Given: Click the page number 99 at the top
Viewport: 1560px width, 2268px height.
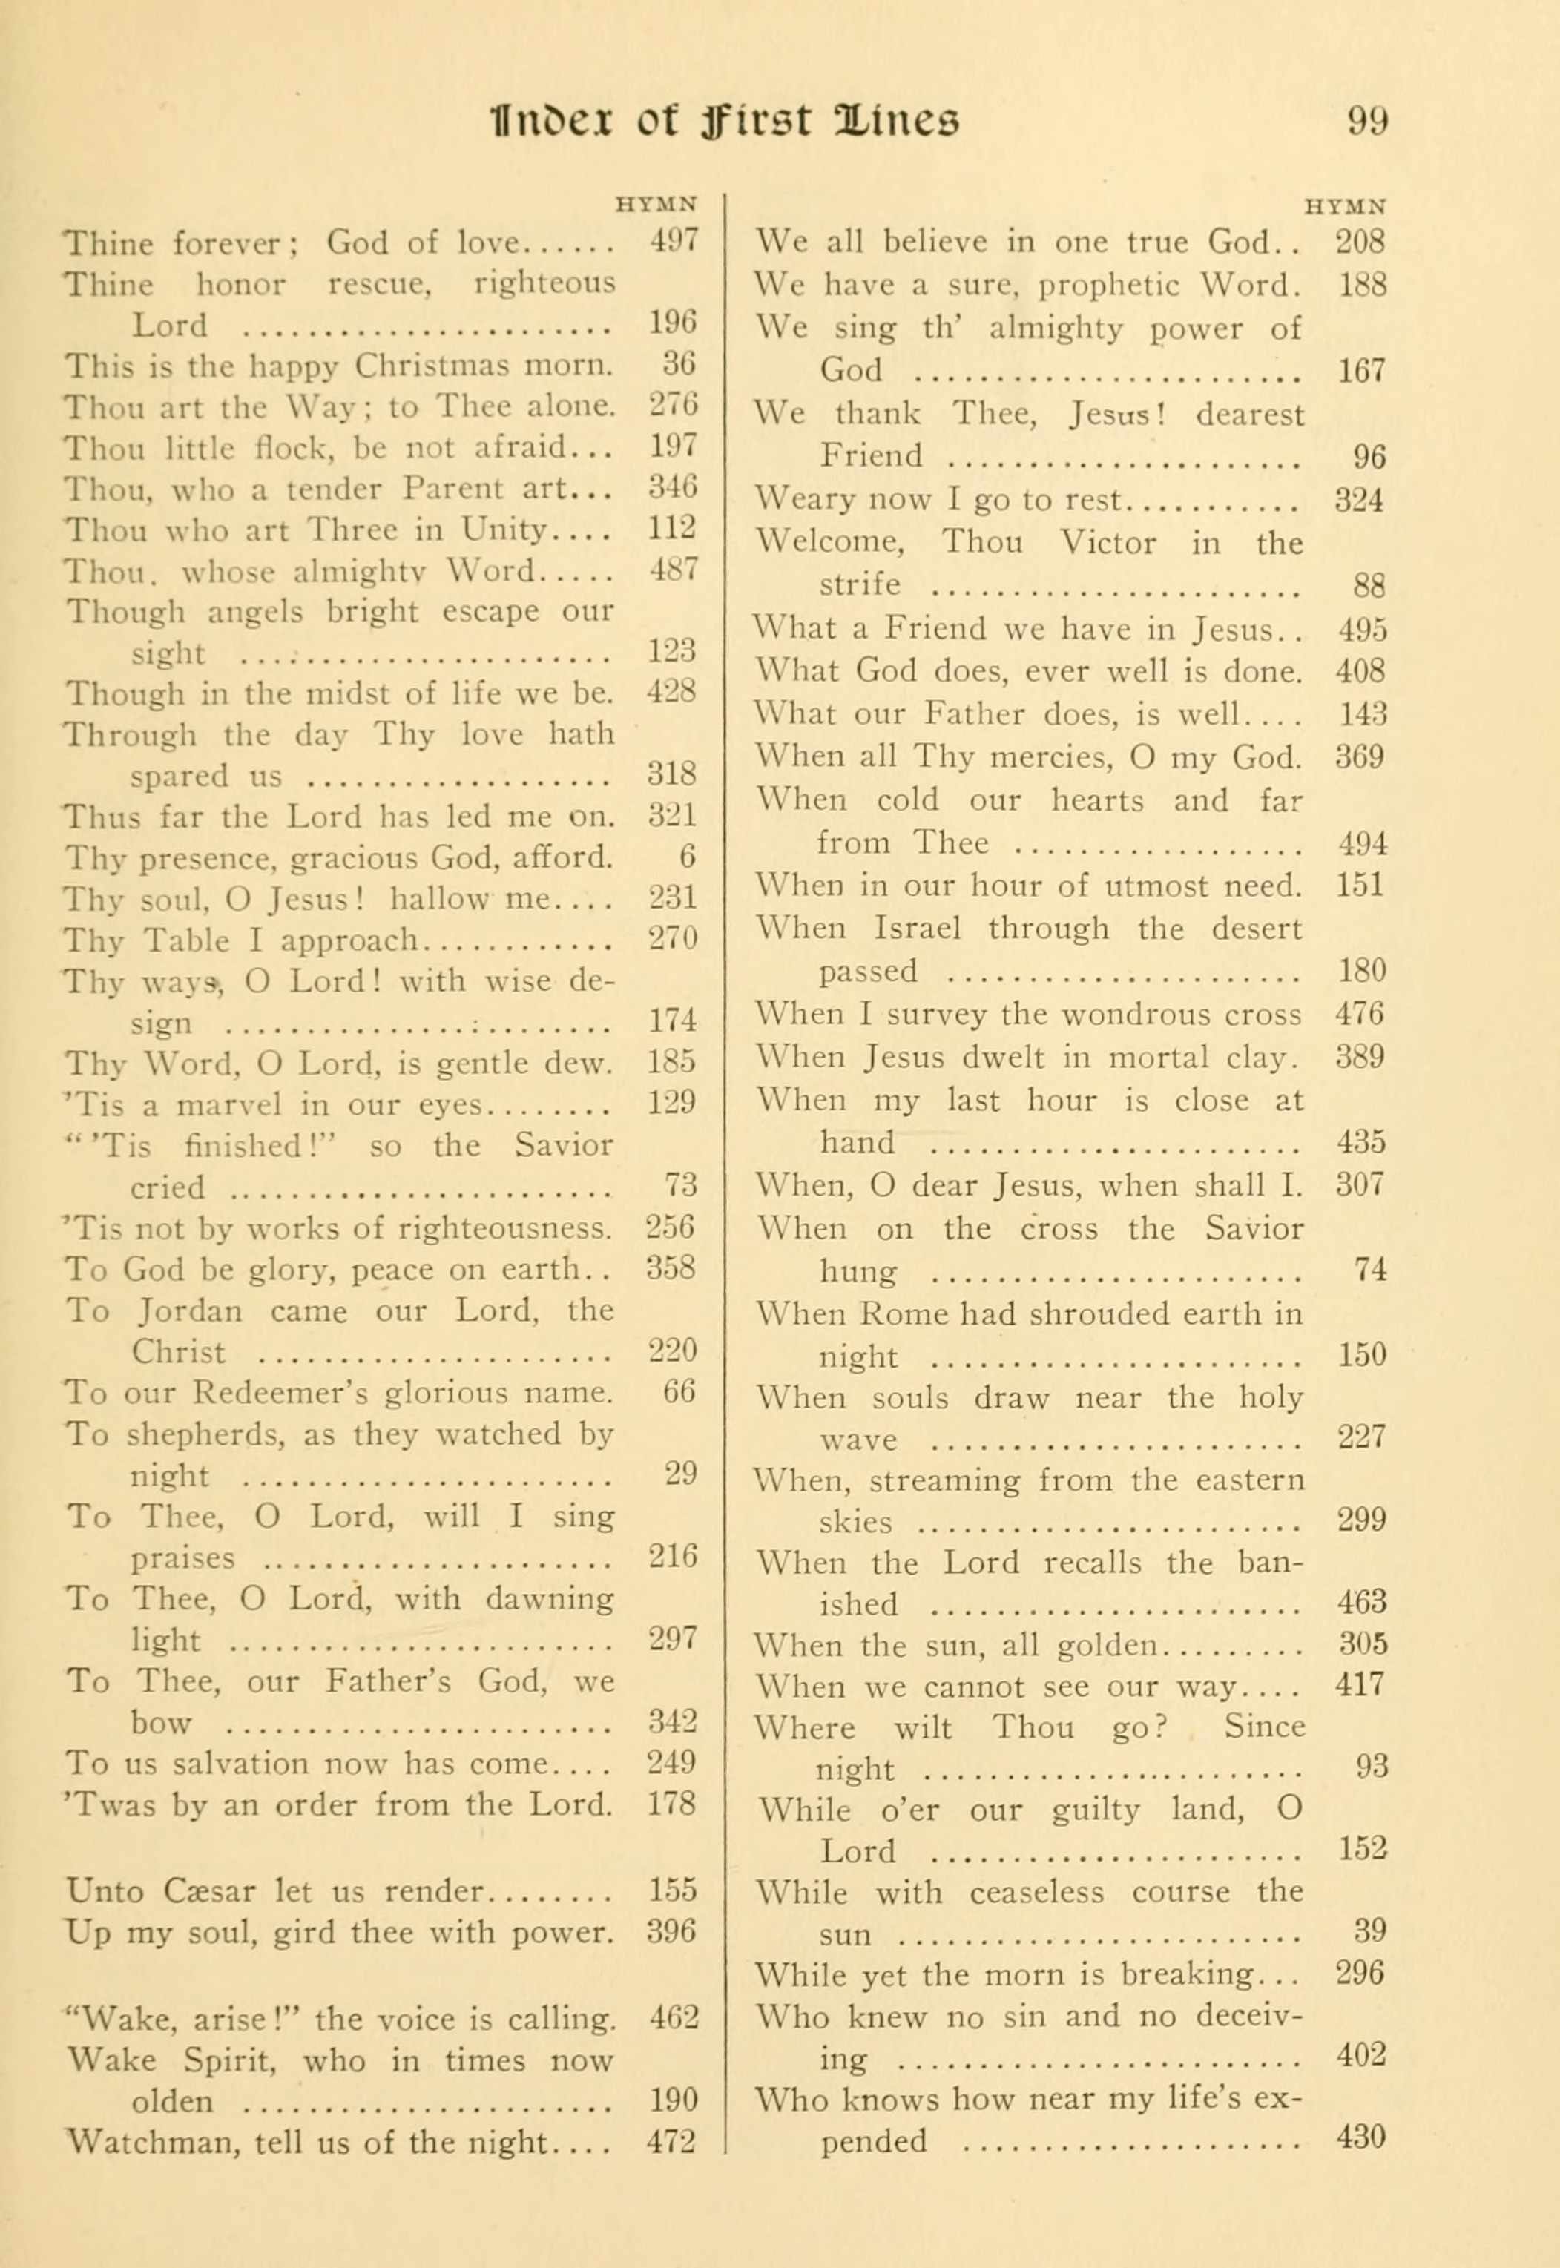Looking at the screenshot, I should coord(1366,122).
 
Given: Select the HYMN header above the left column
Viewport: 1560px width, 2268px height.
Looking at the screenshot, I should coord(656,205).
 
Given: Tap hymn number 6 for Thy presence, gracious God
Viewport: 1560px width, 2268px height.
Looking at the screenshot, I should coord(687,857).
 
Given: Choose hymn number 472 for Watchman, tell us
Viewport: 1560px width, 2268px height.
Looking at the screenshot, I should coord(671,2142).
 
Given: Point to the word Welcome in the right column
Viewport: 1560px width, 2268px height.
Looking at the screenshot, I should coord(831,541).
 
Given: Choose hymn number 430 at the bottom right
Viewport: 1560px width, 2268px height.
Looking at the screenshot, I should coord(1360,2140).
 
